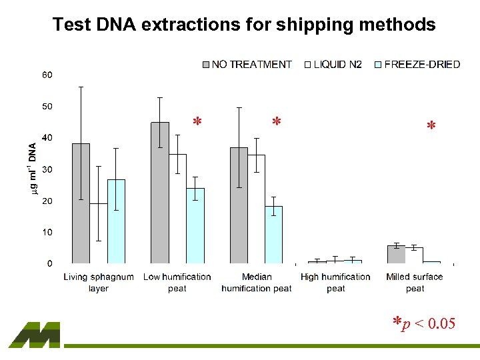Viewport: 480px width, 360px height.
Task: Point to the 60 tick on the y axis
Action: tap(48, 75)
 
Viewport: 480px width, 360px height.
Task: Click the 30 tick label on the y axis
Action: tap(48, 169)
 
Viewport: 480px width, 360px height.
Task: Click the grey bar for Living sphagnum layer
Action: tap(81, 203)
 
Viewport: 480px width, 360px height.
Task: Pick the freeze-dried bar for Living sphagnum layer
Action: tap(116, 221)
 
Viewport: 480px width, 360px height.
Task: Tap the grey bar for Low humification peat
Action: tap(160, 193)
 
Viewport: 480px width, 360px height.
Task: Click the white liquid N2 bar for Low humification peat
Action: tap(177, 209)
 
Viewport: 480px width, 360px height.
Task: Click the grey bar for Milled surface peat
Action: tap(396, 255)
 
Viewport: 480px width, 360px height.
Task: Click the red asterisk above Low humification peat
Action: tap(197, 123)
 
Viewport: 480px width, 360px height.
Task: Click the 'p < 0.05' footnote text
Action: tap(430, 324)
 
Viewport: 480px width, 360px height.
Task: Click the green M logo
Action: tap(35, 335)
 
